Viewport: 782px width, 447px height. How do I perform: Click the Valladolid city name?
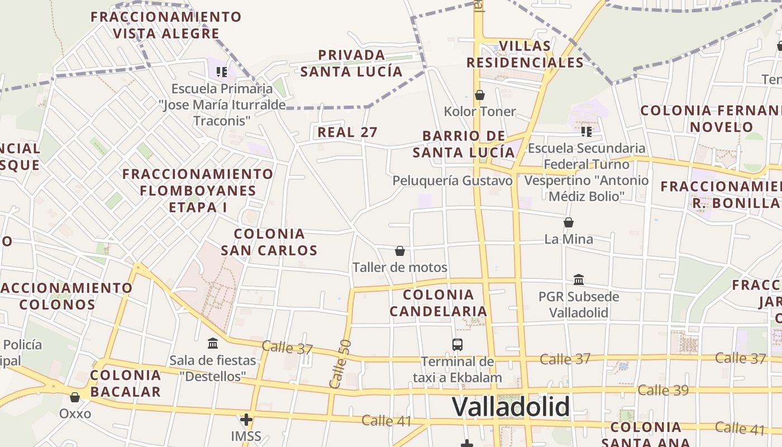pyautogui.click(x=511, y=407)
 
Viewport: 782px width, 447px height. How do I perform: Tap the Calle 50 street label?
pyautogui.click(x=340, y=364)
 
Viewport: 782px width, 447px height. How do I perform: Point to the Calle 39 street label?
pyautogui.click(x=663, y=390)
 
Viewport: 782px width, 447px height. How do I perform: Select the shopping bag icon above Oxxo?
pyautogui.click(x=75, y=397)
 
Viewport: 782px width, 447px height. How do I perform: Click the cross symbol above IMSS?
pyautogui.click(x=246, y=419)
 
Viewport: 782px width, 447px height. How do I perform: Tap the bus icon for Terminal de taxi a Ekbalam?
pyautogui.click(x=457, y=345)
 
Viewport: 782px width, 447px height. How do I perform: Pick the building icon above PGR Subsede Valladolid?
pyautogui.click(x=579, y=279)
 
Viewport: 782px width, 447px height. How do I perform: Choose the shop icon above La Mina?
pyautogui.click(x=569, y=222)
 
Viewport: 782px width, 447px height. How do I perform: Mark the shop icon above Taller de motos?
pyautogui.click(x=399, y=251)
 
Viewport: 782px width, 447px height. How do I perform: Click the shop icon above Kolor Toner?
pyautogui.click(x=479, y=95)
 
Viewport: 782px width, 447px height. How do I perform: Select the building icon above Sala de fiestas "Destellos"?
pyautogui.click(x=213, y=343)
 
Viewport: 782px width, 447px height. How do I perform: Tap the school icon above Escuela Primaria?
pyautogui.click(x=222, y=72)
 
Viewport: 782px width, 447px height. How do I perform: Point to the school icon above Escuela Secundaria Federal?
pyautogui.click(x=586, y=132)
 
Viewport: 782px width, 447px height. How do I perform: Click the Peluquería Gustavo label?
pyautogui.click(x=452, y=180)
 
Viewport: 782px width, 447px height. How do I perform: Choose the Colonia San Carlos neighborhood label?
pyautogui.click(x=269, y=242)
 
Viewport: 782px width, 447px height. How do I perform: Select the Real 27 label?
pyautogui.click(x=347, y=132)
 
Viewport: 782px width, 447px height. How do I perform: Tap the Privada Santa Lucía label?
pyautogui.click(x=351, y=63)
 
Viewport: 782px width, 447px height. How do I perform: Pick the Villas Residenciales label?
pyautogui.click(x=525, y=54)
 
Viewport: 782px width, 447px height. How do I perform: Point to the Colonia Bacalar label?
pyautogui.click(x=126, y=383)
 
